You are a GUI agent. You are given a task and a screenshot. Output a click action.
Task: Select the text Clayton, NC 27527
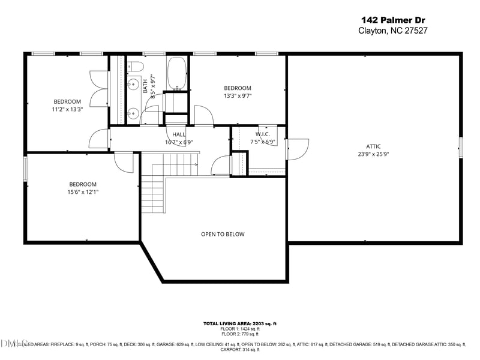(x=392, y=31)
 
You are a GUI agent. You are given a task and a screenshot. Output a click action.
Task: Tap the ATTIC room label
(x=373, y=146)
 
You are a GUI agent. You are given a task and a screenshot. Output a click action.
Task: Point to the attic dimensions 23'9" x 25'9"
(x=373, y=154)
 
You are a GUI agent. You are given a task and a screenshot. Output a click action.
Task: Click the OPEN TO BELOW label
(x=223, y=234)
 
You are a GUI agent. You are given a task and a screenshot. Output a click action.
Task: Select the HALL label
(x=179, y=134)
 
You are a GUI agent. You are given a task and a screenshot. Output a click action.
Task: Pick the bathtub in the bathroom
(x=176, y=73)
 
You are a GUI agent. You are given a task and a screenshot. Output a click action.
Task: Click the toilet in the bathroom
(x=135, y=65)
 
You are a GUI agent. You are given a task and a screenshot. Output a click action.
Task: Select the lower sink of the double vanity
(x=133, y=112)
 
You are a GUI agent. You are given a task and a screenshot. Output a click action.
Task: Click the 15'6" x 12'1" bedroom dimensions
(x=83, y=192)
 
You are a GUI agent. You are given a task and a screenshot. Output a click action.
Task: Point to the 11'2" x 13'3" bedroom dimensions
(x=67, y=109)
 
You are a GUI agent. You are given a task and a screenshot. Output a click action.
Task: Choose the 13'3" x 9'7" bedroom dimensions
(x=237, y=95)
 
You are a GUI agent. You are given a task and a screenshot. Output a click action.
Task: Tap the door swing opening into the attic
(x=298, y=149)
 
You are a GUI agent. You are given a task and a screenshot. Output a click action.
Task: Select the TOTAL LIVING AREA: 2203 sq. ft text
(x=239, y=324)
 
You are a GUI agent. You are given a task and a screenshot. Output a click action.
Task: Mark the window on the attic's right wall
(x=461, y=148)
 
